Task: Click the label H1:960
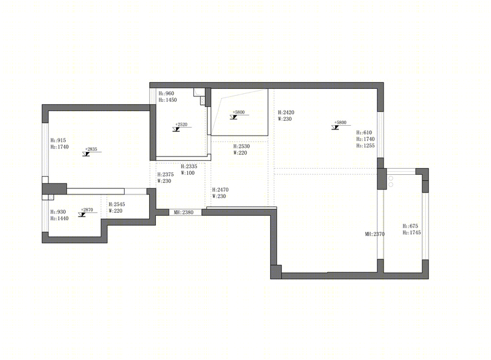click(166, 93)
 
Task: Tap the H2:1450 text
click(168, 100)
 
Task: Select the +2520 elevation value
click(181, 124)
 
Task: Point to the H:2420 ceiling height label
click(286, 112)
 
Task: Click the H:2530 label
click(241, 146)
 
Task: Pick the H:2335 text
click(189, 166)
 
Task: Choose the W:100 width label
click(188, 173)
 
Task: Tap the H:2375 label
click(165, 175)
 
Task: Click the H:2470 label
click(220, 190)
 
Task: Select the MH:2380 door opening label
click(184, 212)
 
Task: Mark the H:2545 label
click(117, 204)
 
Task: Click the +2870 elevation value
click(87, 210)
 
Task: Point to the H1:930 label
click(58, 212)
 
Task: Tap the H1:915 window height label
click(58, 140)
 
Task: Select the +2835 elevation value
click(91, 149)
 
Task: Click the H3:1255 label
click(365, 145)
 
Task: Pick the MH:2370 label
click(374, 234)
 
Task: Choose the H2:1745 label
click(411, 232)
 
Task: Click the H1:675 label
click(410, 226)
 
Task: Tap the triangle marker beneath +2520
click(176, 129)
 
